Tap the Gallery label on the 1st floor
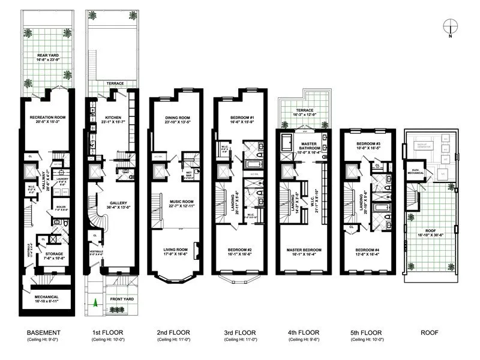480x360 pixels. [x=113, y=203]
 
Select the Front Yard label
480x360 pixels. [x=118, y=298]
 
